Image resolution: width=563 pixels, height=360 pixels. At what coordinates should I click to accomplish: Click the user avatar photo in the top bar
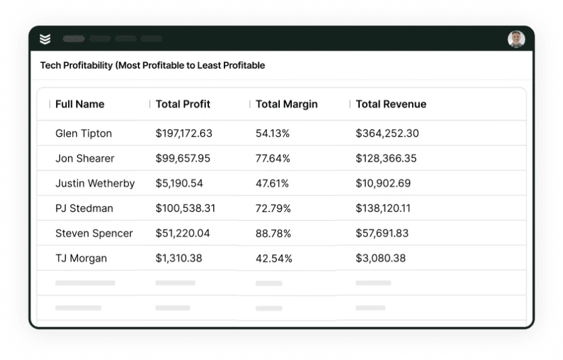516,39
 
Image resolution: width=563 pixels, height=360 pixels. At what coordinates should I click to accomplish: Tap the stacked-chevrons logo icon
45,39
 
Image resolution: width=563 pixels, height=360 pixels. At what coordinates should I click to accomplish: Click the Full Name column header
80,104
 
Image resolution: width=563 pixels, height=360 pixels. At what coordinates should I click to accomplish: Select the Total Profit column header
183,104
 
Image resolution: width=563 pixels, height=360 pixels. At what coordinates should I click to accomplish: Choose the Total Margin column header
286,104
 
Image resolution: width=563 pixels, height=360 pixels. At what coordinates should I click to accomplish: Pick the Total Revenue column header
391,104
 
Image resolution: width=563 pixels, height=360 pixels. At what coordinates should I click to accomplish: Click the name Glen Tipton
84,133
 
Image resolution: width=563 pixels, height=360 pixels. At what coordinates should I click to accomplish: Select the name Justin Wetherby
95,184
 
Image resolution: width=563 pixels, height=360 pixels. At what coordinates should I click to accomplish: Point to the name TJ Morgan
81,259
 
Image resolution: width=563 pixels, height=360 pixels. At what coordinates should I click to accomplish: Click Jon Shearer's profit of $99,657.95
183,159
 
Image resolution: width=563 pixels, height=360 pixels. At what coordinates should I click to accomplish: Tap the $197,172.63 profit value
184,133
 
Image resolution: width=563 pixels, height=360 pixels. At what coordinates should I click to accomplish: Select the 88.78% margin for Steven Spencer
273,233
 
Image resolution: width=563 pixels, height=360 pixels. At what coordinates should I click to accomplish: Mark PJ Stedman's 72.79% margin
273,208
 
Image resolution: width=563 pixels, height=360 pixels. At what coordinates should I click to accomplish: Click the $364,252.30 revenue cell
387,133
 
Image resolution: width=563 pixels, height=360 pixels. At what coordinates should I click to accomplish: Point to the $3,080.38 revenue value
381,259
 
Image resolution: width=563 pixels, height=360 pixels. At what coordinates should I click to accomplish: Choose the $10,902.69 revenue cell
383,184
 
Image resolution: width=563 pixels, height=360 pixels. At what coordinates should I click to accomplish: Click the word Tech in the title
51,65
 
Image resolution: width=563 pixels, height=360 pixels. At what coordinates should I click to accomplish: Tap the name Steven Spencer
94,233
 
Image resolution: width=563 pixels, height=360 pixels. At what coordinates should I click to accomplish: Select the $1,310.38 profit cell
179,259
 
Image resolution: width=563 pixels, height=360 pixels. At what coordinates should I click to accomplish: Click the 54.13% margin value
272,133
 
